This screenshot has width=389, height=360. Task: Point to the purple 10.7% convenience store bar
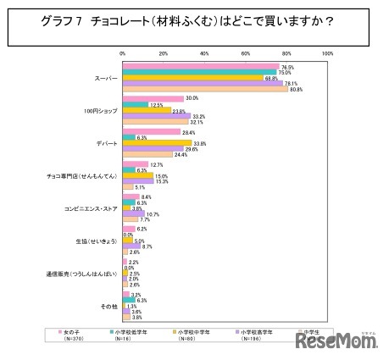(134, 214)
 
